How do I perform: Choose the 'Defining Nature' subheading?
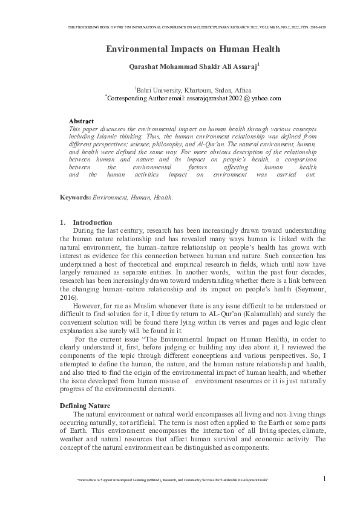(85, 405)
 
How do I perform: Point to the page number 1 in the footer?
(324, 479)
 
